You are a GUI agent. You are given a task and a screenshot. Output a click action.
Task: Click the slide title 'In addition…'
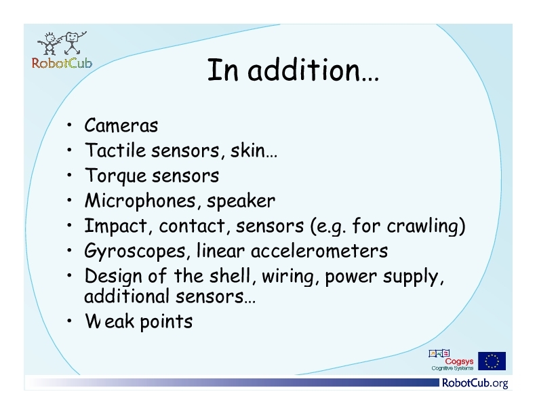click(293, 70)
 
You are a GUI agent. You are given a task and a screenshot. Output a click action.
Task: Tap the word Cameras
click(121, 125)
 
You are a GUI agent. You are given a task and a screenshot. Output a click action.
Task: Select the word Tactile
click(115, 150)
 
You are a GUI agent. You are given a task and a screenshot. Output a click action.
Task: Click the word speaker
click(241, 201)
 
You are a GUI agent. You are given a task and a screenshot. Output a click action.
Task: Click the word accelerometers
click(319, 251)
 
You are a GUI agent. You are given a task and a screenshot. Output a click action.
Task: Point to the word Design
click(113, 276)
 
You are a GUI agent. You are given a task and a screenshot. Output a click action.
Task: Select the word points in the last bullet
click(166, 322)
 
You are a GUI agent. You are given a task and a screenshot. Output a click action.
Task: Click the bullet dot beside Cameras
click(70, 125)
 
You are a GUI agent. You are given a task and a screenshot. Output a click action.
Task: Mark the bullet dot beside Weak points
click(70, 321)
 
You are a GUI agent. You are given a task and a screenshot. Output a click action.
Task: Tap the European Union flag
click(492, 361)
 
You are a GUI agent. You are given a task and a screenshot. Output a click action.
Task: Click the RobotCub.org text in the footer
click(475, 383)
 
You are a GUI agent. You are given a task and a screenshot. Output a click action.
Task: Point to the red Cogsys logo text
click(459, 361)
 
